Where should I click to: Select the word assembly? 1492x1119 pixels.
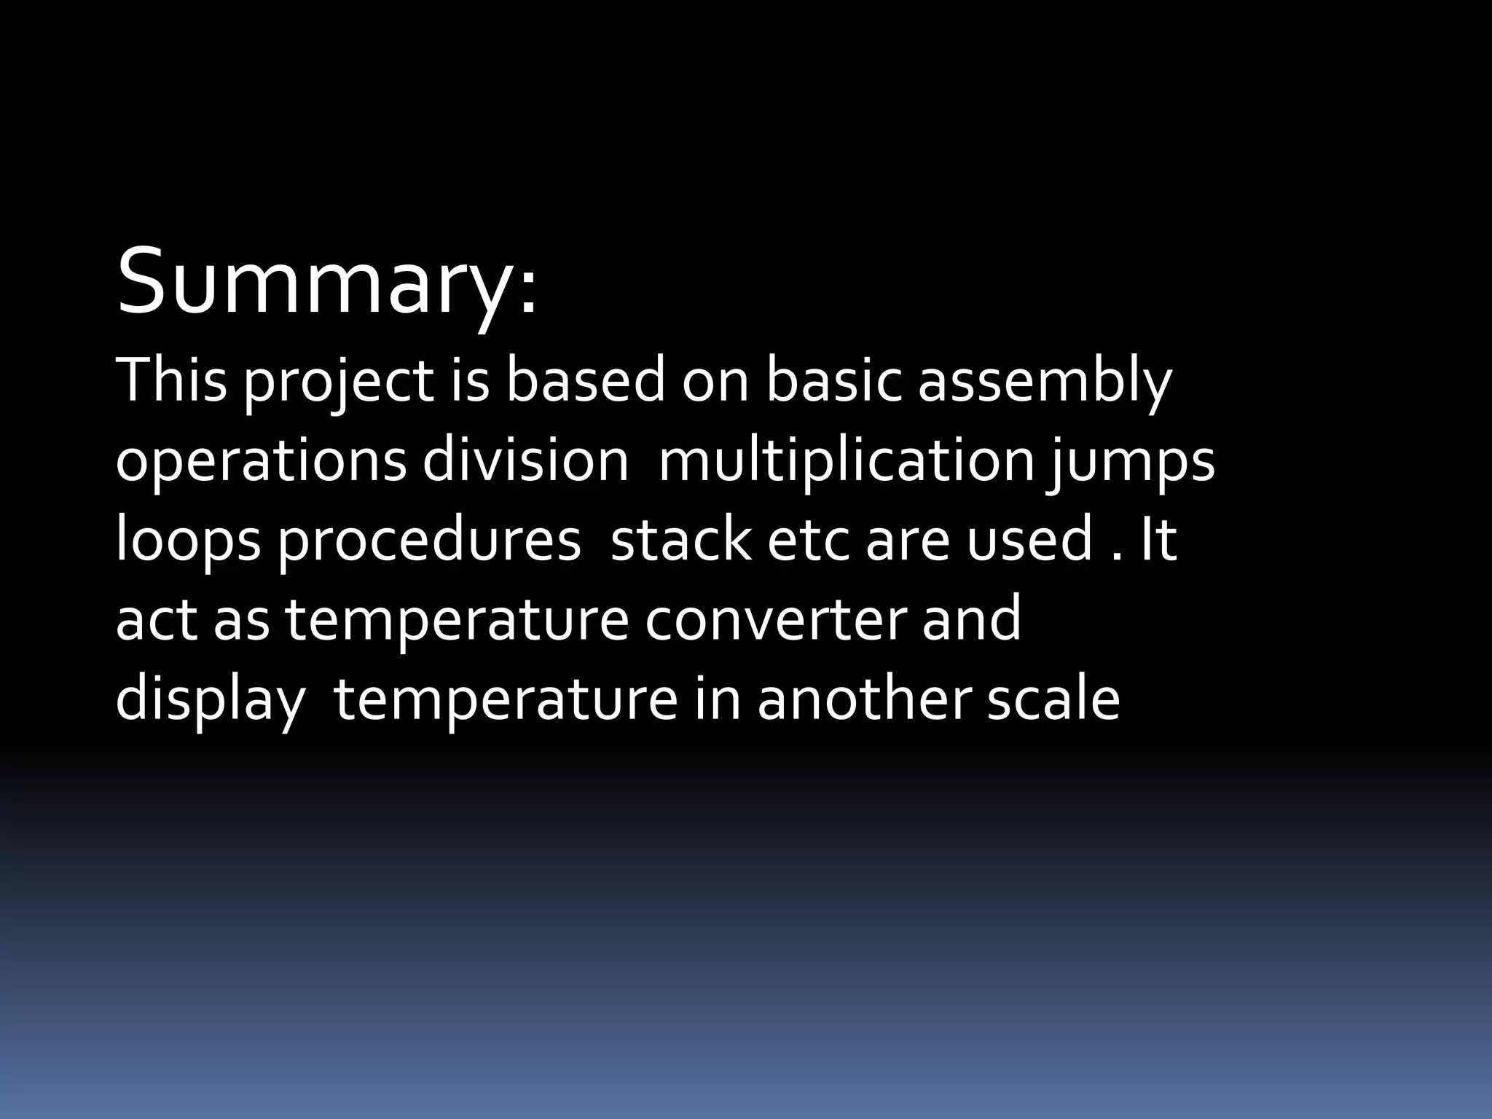click(1044, 382)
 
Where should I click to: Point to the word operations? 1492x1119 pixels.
click(261, 462)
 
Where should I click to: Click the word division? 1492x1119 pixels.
click(525, 460)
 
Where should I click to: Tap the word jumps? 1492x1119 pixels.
click(1131, 462)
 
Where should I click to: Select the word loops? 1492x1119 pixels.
click(188, 541)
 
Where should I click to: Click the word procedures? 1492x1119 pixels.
click(429, 541)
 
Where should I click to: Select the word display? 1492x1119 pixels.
click(210, 699)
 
